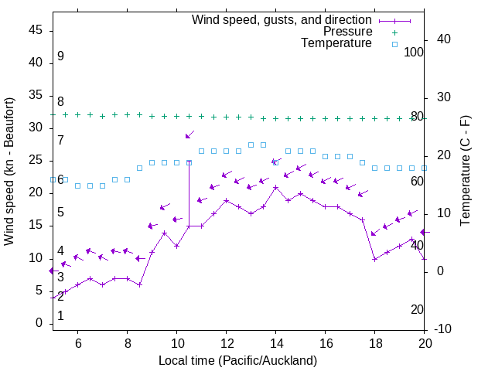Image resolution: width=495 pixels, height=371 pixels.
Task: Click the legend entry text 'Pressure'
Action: click(x=347, y=32)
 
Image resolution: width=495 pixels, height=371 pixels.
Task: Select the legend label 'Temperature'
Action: click(x=336, y=43)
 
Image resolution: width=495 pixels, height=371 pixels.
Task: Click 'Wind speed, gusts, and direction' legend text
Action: click(x=282, y=19)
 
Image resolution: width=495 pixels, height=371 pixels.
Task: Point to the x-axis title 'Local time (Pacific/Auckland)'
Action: click(x=237, y=361)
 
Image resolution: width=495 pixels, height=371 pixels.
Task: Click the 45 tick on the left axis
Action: click(x=36, y=30)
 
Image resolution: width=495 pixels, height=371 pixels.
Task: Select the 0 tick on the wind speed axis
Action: click(x=39, y=323)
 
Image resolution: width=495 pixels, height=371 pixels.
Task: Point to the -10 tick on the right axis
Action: click(x=445, y=329)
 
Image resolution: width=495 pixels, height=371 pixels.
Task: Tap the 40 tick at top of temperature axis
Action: click(x=443, y=39)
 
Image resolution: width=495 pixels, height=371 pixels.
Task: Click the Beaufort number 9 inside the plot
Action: click(x=60, y=56)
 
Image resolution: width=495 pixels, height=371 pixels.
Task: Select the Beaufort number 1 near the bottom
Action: click(x=60, y=316)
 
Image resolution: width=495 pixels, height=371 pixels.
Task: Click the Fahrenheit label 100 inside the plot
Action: click(x=415, y=53)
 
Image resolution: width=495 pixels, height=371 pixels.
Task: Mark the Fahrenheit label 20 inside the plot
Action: click(x=417, y=309)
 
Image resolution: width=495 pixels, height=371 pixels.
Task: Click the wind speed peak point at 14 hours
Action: click(x=276, y=187)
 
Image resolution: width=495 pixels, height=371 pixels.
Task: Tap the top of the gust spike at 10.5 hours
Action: click(x=189, y=162)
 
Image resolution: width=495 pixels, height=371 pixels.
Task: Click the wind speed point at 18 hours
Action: click(x=375, y=259)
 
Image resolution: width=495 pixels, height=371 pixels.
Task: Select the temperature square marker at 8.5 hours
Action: click(x=139, y=168)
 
